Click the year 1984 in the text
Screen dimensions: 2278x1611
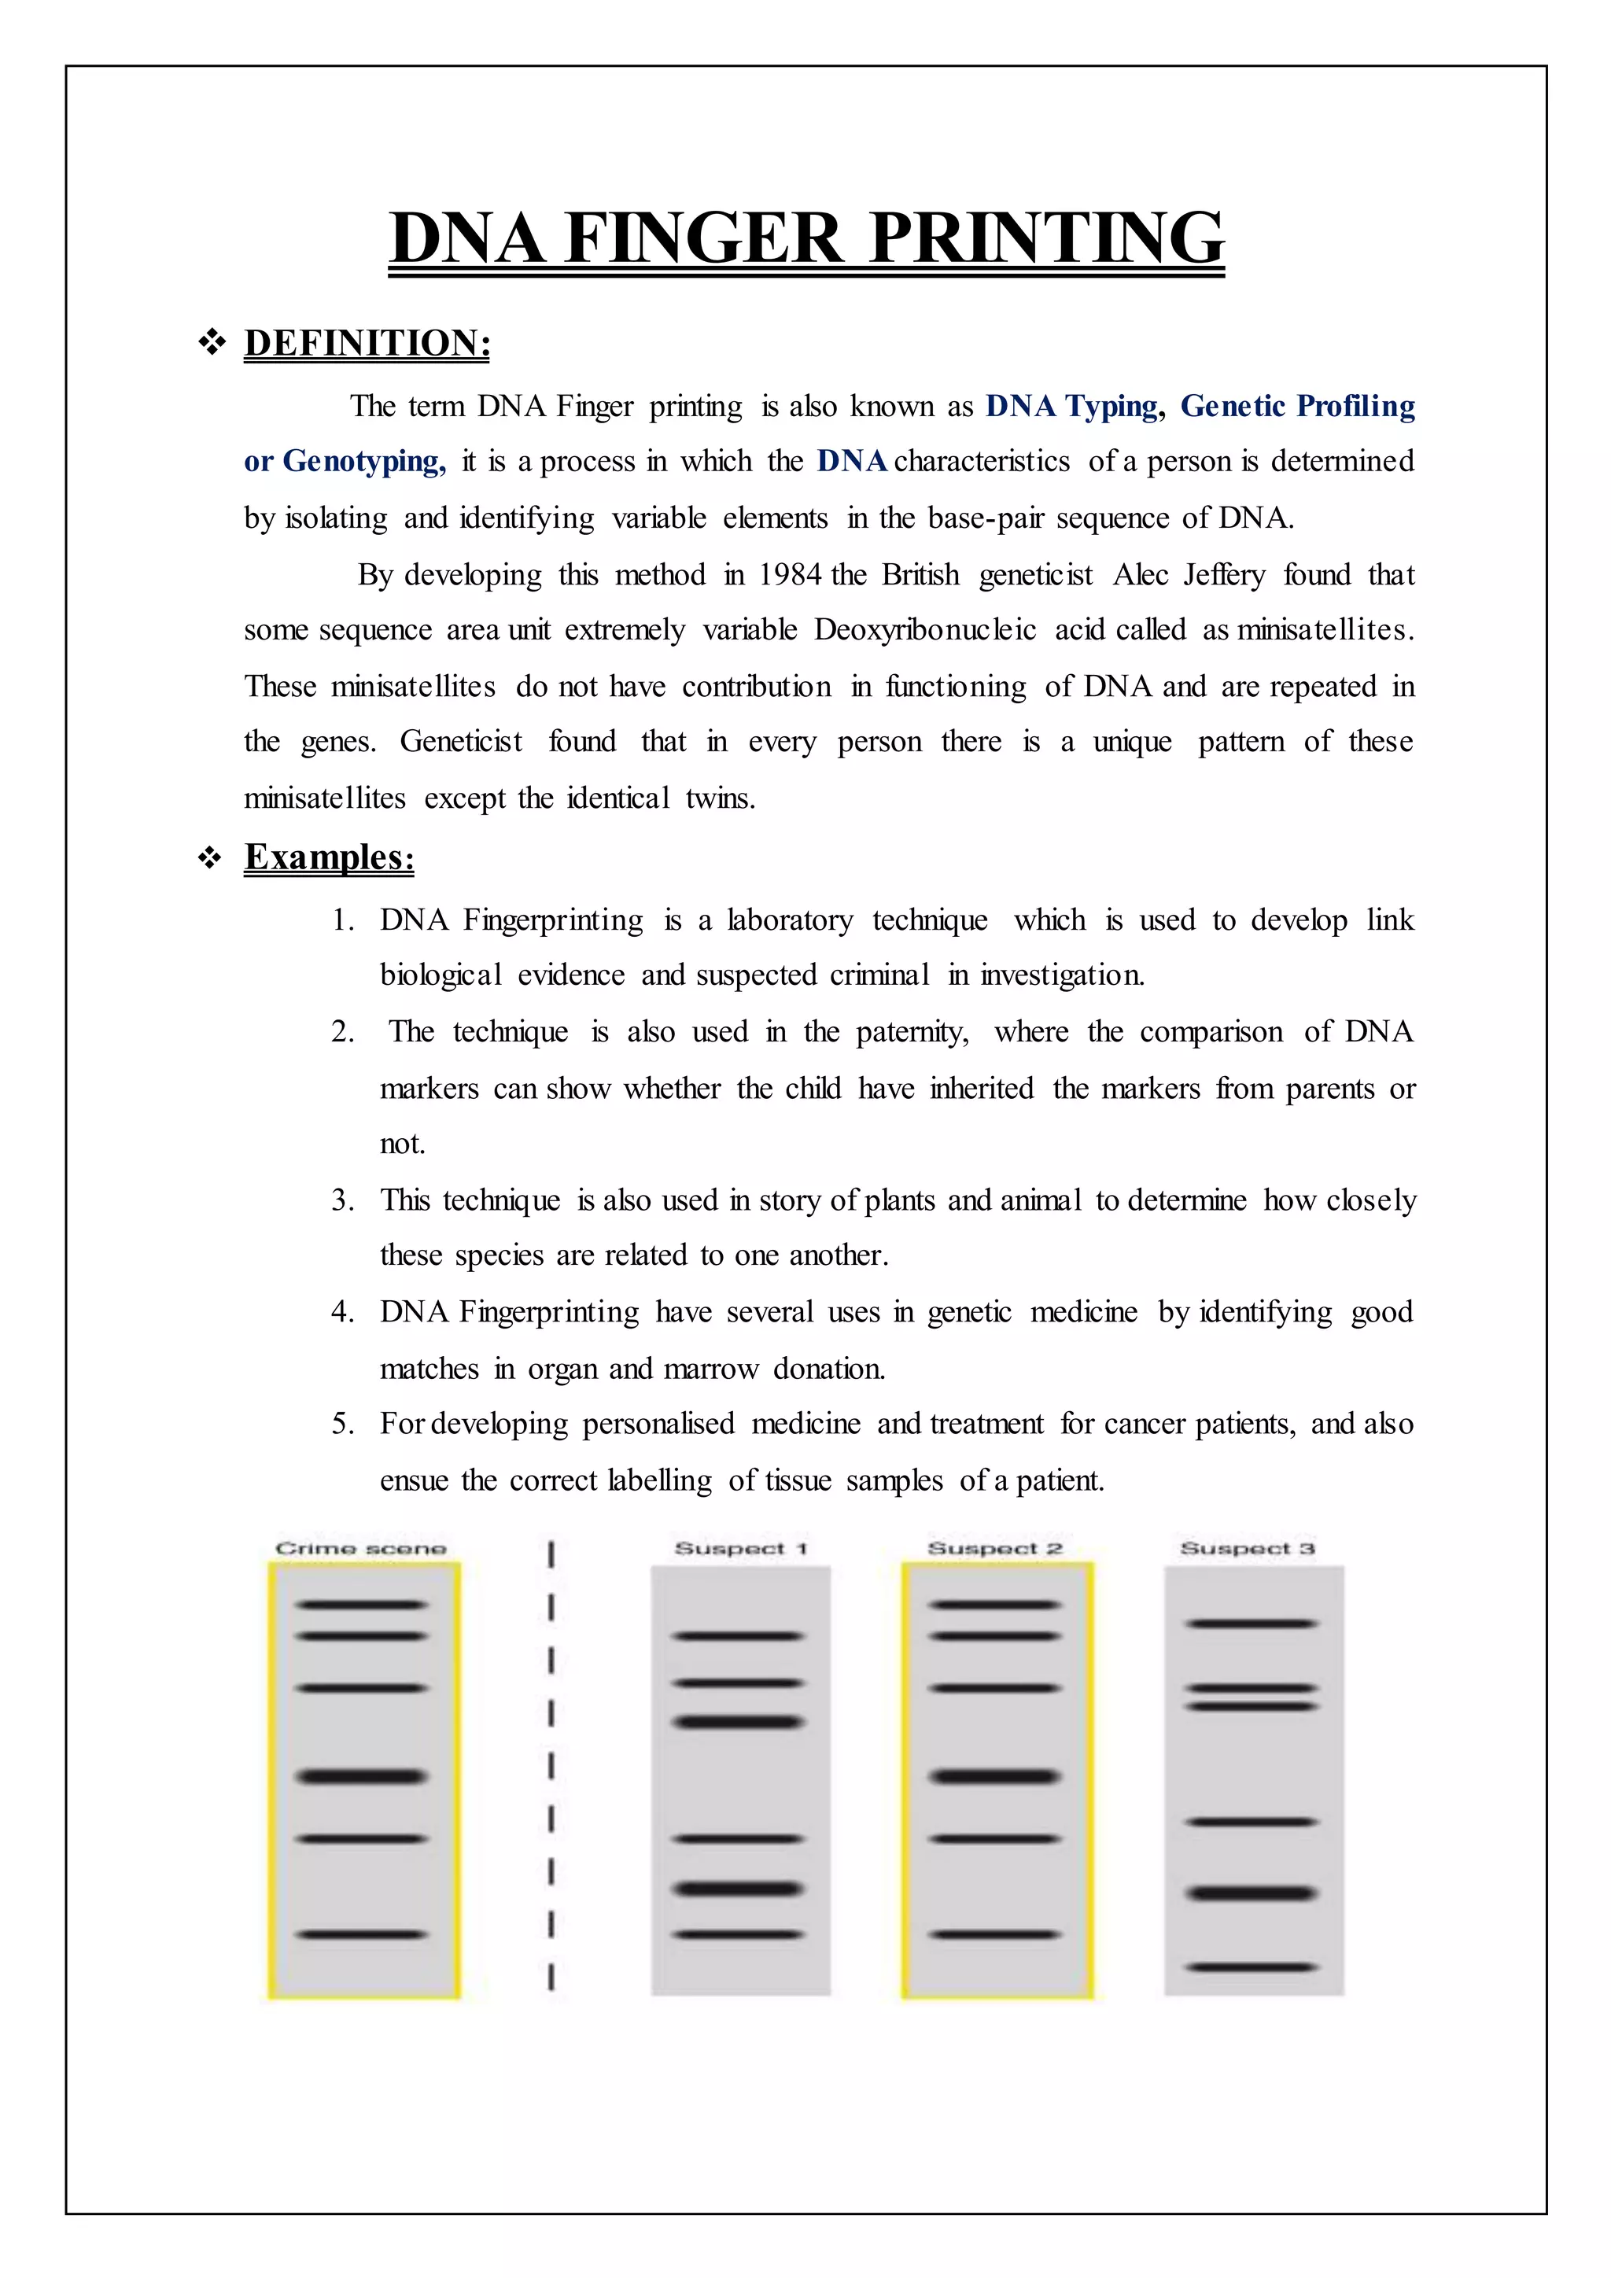[x=791, y=576]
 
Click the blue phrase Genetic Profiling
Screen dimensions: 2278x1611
[x=1297, y=407]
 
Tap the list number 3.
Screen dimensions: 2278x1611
[x=341, y=1200]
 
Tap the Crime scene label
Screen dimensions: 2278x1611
[x=361, y=1549]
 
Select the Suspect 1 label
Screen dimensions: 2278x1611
[x=741, y=1549]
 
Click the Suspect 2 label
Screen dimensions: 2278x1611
[x=995, y=1549]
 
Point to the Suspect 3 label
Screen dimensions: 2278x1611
[x=1247, y=1549]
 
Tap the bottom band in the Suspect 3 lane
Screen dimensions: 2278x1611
[x=1252, y=1967]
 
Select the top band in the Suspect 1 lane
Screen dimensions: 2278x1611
[x=737, y=1636]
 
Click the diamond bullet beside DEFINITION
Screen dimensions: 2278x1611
[x=212, y=343]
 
